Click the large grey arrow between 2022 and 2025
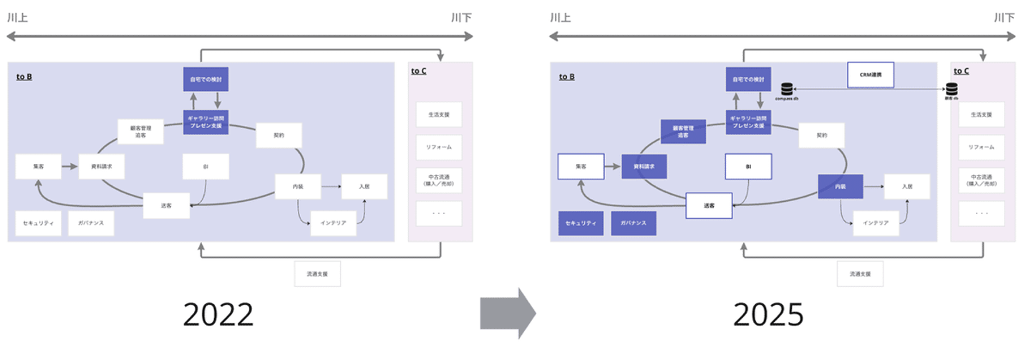point(507,313)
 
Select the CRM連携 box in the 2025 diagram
point(870,75)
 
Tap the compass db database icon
point(787,89)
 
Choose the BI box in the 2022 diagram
point(205,166)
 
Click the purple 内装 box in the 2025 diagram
point(841,186)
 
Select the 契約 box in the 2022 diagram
point(279,135)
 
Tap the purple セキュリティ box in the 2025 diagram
point(581,223)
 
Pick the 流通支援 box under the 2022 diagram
point(317,273)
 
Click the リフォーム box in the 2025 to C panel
point(982,147)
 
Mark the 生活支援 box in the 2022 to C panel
point(439,115)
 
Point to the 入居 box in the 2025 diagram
point(907,186)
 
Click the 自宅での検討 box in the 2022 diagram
point(205,78)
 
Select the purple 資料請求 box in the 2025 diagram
point(644,166)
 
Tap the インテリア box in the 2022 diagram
point(333,223)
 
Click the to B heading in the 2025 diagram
point(566,76)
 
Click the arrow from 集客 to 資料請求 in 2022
point(69,166)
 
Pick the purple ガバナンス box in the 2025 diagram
point(634,223)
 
